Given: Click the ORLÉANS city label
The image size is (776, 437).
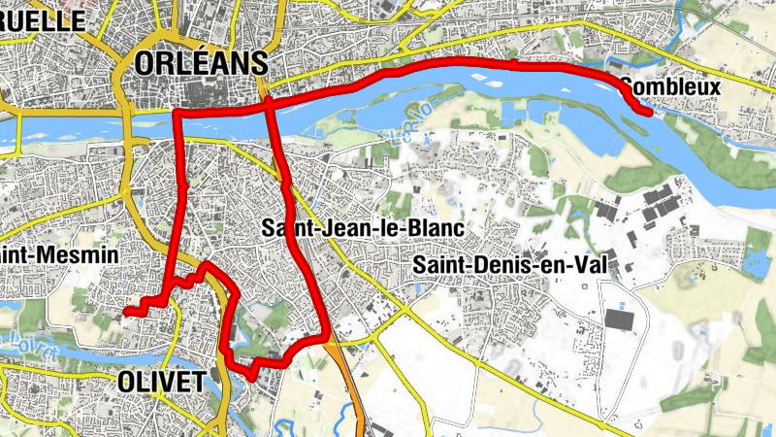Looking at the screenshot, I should point(202,64).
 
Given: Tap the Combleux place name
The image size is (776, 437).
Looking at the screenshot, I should point(669,87).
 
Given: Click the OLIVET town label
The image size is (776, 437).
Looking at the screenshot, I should point(162,382).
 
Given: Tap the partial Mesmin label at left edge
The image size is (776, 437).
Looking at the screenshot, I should point(58,255).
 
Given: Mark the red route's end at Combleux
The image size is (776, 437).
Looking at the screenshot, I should point(647,112).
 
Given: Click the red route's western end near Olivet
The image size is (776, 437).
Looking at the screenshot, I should point(126,312).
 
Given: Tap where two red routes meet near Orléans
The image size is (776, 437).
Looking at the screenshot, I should point(267,101).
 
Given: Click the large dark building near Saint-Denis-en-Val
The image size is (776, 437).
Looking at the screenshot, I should point(618,319).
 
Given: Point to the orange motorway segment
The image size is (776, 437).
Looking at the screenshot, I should point(352,388).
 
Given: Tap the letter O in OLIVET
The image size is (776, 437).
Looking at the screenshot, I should point(125,382).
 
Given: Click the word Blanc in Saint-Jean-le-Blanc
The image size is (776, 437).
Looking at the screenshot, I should point(438,228).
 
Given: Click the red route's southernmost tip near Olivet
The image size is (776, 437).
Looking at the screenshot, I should point(250,375).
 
